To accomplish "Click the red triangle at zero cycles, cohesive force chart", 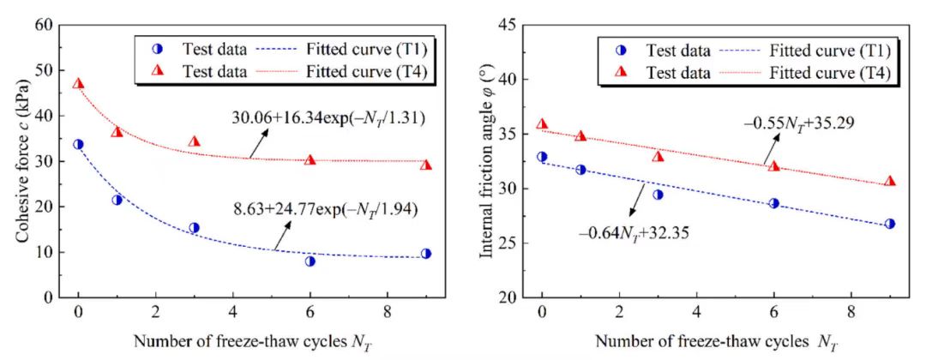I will pos(78,84).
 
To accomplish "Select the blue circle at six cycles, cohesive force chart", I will pos(310,261).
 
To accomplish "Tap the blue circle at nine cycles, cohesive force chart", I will pos(426,254).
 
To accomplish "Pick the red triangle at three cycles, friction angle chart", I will pos(658,157).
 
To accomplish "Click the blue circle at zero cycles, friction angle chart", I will pos(542,157).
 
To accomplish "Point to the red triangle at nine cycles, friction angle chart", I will pos(890,181).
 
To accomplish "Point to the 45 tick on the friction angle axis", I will pos(509,25).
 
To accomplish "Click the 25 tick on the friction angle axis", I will pos(509,243).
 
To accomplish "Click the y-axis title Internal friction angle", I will pos(484,161).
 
